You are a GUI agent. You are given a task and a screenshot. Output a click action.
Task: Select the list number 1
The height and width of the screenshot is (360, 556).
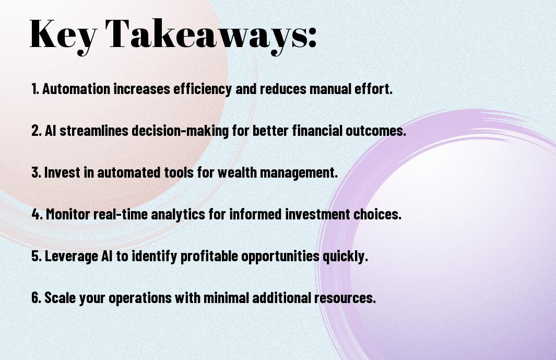click(35, 89)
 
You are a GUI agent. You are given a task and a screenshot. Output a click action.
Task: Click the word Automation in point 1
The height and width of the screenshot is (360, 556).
click(76, 89)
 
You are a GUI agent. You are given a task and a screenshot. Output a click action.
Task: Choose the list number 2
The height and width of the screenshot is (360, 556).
click(36, 131)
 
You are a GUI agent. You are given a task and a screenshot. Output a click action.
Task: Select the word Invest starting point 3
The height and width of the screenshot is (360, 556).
click(62, 172)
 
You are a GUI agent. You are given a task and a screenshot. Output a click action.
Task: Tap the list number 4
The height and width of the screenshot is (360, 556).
click(37, 214)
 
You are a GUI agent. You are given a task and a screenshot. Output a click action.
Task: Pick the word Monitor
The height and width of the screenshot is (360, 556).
click(68, 214)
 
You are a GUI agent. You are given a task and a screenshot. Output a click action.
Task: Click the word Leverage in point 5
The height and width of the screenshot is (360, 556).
click(72, 257)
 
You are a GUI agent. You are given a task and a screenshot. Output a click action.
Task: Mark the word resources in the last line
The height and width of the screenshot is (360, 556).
click(345, 298)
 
